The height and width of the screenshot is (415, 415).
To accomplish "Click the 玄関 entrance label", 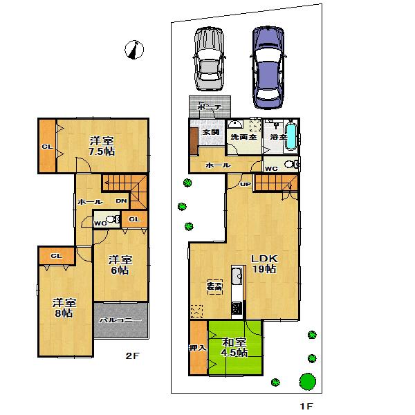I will (x=210, y=131).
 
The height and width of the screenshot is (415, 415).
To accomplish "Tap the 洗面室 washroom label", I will (x=243, y=138).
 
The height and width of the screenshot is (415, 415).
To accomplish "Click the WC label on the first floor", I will (x=272, y=167).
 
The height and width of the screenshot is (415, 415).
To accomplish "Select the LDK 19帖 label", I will (x=264, y=263).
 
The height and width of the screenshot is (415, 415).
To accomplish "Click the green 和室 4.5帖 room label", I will (x=234, y=347).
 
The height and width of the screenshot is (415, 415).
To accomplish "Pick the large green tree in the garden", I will (x=307, y=381).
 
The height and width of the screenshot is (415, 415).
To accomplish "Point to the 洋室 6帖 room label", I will (x=120, y=266).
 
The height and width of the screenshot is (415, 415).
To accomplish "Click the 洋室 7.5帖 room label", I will (x=101, y=146).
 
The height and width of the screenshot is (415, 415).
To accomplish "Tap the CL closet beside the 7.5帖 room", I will (x=46, y=147).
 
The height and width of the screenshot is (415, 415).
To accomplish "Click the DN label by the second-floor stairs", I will (x=121, y=201).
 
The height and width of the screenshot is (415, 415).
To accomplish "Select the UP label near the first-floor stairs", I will (x=245, y=185).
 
